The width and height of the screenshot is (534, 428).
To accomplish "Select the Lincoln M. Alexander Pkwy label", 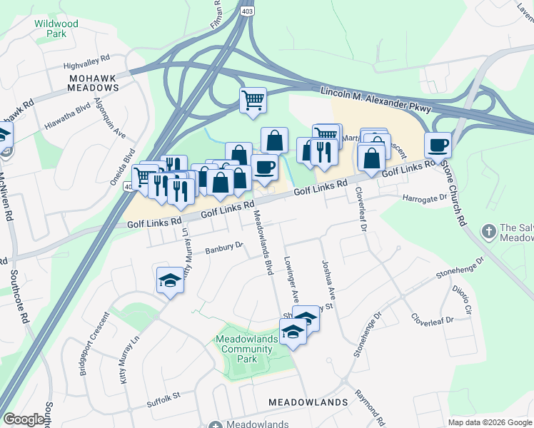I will click(x=376, y=98).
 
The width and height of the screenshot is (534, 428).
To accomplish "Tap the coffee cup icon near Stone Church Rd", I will click(x=438, y=146).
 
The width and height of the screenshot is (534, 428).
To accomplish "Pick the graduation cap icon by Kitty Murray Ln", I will click(x=170, y=280).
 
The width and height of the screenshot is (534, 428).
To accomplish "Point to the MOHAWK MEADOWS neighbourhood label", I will click(x=94, y=82).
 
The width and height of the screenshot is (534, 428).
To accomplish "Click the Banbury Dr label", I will click(x=225, y=249).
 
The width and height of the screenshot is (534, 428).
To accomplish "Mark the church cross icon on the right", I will click(x=488, y=231).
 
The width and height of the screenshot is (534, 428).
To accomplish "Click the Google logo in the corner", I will click(x=24, y=419).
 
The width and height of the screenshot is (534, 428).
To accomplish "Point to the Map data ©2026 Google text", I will click(x=489, y=422).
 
